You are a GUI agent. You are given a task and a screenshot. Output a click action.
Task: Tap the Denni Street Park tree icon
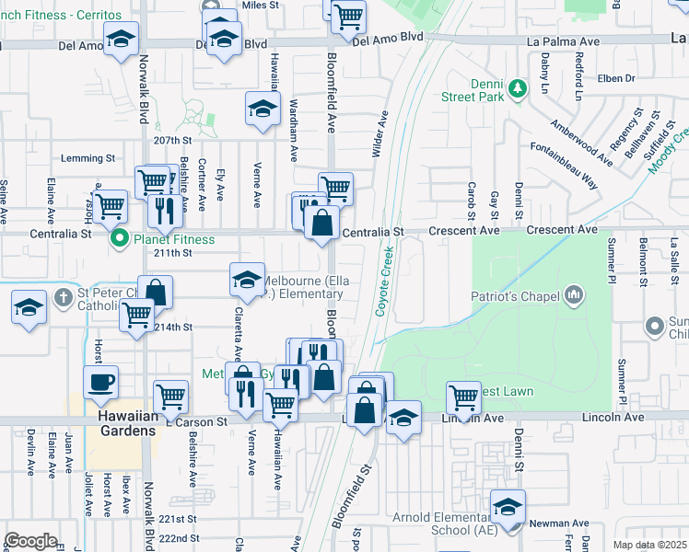(x=519, y=88)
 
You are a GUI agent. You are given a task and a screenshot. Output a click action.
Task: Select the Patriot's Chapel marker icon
(x=574, y=295)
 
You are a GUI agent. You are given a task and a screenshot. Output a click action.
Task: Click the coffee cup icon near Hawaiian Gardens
(x=100, y=380)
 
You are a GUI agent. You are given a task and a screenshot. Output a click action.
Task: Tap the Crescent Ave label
(x=562, y=230)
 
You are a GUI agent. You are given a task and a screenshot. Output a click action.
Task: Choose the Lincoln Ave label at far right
(x=617, y=417)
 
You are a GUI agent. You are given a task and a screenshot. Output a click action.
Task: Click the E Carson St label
(x=195, y=421)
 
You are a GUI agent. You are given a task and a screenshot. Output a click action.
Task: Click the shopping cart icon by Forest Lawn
(x=464, y=397)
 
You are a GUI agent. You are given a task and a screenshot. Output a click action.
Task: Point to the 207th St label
(x=171, y=141)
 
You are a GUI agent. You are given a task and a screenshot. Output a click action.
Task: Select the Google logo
(x=30, y=540)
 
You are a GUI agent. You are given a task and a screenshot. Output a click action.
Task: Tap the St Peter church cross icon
(x=62, y=297)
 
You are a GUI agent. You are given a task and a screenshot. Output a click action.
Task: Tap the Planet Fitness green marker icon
(x=119, y=240)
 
